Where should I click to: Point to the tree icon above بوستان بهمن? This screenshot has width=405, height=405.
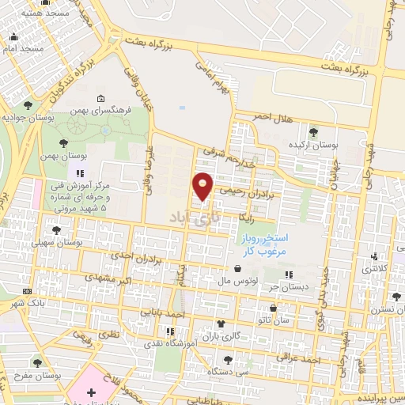[62, 143]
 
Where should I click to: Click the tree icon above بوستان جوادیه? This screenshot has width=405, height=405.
[29, 104]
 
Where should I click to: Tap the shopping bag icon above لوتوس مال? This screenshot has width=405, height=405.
[239, 267]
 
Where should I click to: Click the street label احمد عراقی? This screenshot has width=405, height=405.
[303, 360]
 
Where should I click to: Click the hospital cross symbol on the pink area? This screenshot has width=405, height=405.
[91, 392]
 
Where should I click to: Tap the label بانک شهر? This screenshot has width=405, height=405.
[44, 303]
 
